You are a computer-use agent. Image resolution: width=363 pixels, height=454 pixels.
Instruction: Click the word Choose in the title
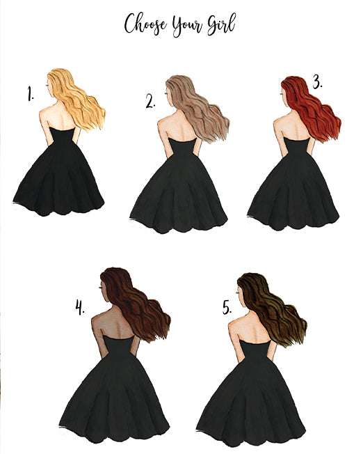tap(145, 24)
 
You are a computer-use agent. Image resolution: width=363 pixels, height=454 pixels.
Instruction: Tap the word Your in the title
tap(188, 26)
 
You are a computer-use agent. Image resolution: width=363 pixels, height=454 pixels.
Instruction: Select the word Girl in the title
tap(221, 24)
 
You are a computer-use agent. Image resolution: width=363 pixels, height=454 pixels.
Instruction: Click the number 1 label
tap(31, 93)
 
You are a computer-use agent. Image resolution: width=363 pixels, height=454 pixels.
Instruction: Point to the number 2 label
tap(150, 102)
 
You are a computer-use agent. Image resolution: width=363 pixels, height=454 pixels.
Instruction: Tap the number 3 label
tap(318, 81)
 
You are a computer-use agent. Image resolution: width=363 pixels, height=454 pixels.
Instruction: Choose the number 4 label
tap(80, 307)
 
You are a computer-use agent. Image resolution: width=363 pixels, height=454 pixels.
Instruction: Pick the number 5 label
tap(227, 307)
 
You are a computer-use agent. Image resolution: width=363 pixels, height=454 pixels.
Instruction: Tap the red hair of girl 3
tap(312, 109)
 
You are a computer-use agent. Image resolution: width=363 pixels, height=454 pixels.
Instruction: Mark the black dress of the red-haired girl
tap(293, 188)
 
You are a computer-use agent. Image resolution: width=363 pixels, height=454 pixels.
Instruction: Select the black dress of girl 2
tap(179, 191)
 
